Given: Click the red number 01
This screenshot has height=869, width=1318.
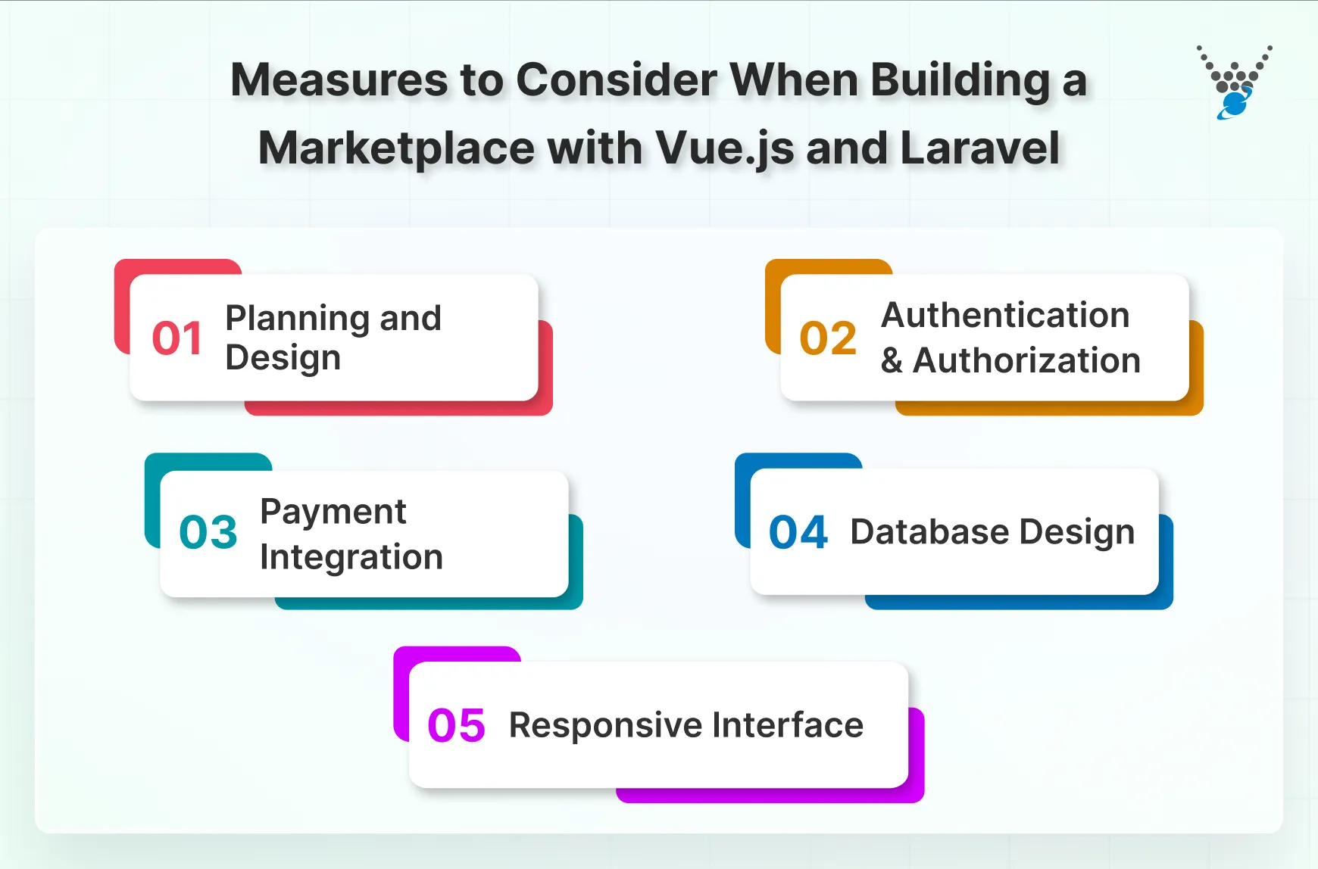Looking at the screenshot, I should click(x=177, y=338).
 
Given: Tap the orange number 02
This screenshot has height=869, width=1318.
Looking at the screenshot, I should click(x=828, y=338).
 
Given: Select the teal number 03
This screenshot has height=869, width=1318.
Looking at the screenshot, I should click(x=208, y=532).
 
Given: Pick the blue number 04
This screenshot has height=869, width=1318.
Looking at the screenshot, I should click(x=798, y=532).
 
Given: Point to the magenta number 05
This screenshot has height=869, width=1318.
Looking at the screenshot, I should click(x=456, y=725).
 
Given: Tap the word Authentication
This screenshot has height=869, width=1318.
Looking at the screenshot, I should click(x=1005, y=315).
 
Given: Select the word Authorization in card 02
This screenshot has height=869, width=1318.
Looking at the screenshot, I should click(x=1026, y=360).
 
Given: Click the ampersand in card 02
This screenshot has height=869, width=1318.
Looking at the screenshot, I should click(x=892, y=361).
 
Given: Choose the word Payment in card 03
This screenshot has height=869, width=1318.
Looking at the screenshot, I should click(x=333, y=512).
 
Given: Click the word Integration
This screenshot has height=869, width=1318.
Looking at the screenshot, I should click(x=351, y=557).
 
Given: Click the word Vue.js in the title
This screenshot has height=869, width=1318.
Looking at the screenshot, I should click(x=725, y=148).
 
